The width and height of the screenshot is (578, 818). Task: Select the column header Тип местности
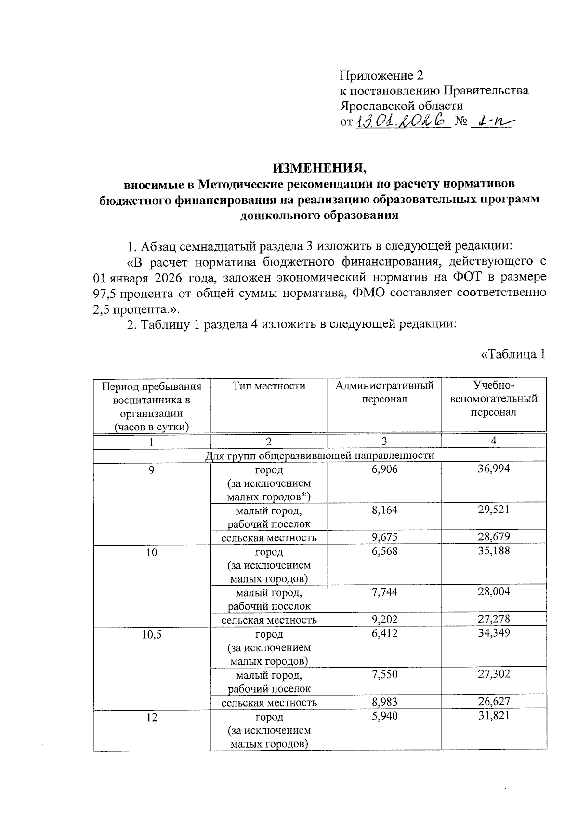click(x=269, y=386)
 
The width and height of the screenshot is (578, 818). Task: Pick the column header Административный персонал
click(x=384, y=392)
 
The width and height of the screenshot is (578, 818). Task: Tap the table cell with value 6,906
click(x=384, y=469)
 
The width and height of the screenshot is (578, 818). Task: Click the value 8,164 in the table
click(x=384, y=510)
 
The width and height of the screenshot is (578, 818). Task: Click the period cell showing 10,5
click(x=152, y=634)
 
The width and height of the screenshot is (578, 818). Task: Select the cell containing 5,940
click(x=384, y=716)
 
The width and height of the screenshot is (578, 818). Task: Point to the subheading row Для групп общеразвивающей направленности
click(x=320, y=455)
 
